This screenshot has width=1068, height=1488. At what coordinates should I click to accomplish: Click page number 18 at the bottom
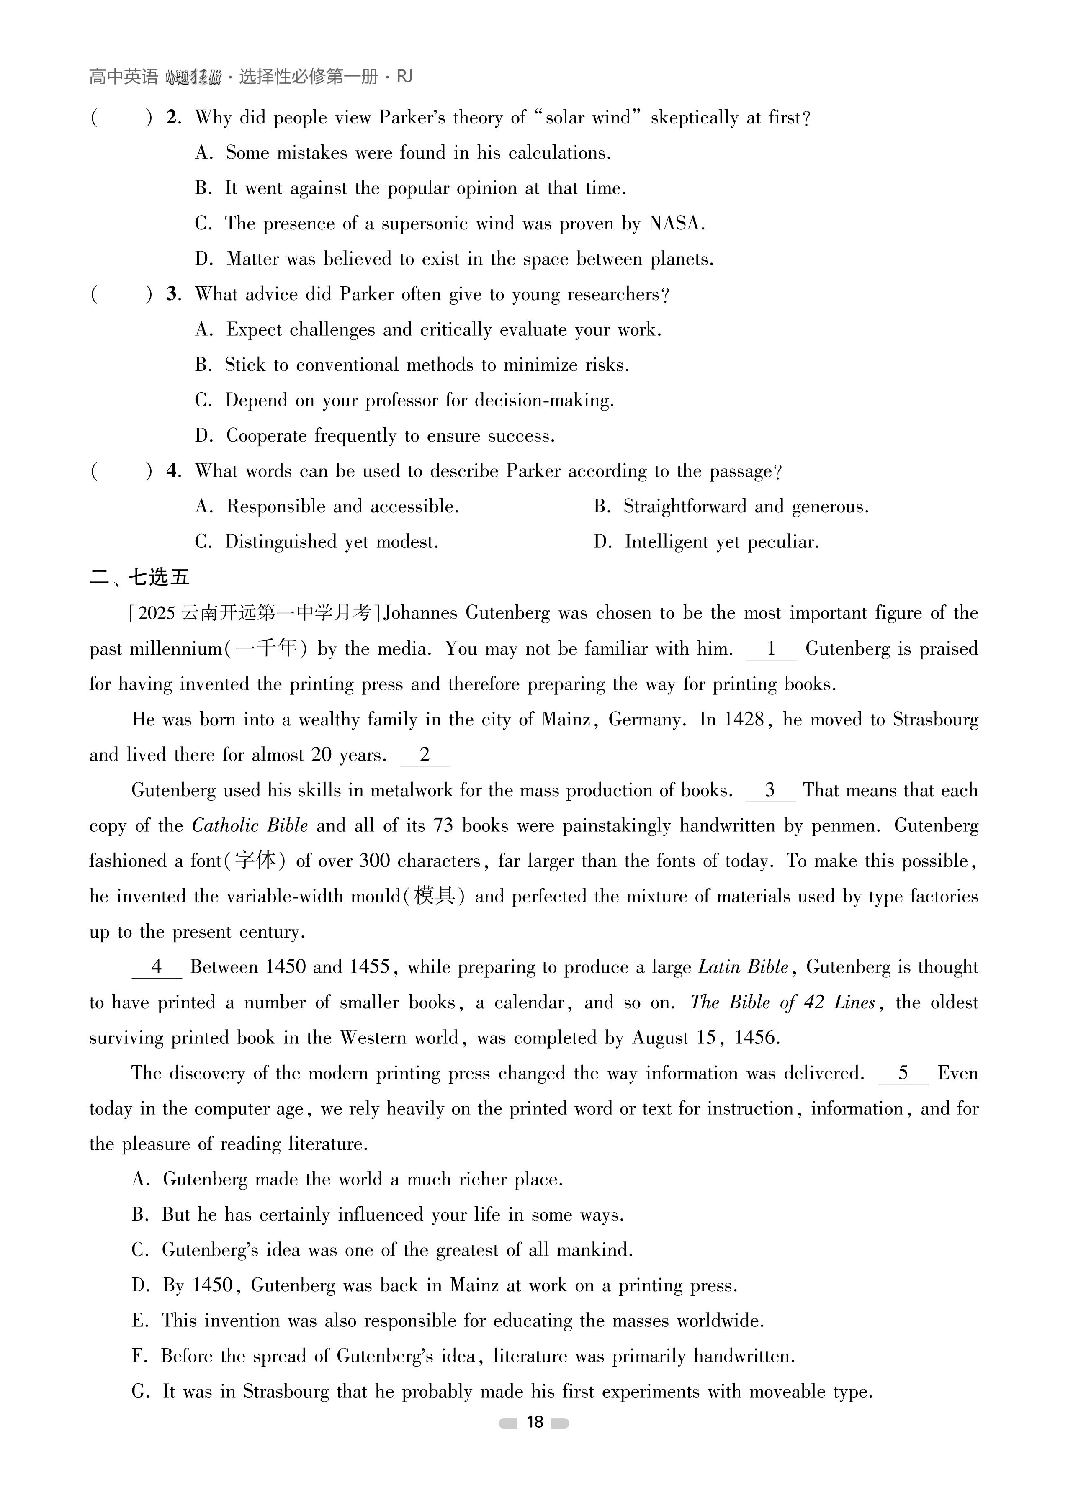tap(534, 1422)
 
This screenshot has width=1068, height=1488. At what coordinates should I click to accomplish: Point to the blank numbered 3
tap(770, 791)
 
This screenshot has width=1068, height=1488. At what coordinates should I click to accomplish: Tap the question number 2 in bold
tap(172, 118)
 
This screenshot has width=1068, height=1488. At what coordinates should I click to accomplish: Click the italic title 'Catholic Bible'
tap(250, 825)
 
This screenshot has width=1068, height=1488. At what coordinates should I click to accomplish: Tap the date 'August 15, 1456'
tap(706, 1038)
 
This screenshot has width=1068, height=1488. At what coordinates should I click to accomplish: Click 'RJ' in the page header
tap(404, 77)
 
